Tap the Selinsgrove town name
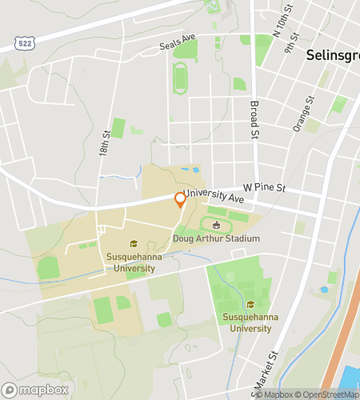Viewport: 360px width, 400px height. [x=332, y=57]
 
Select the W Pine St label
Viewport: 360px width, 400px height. [x=264, y=187]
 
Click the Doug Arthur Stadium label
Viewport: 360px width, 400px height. [x=216, y=238]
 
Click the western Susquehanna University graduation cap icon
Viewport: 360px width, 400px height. [x=134, y=244]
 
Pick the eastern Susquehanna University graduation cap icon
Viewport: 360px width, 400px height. [x=250, y=304]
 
